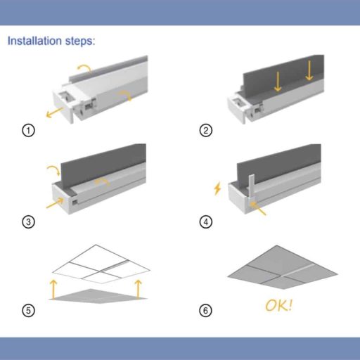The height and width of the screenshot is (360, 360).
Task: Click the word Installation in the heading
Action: [x=35, y=41]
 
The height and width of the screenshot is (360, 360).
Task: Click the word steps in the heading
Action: [x=80, y=41]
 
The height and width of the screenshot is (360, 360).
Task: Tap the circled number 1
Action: [x=28, y=130]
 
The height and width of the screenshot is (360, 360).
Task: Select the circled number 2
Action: [x=206, y=130]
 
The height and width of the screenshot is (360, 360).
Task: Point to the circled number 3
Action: [x=28, y=221]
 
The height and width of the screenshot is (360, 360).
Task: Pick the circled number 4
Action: [x=206, y=221]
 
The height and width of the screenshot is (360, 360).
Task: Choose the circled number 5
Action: [x=28, y=311]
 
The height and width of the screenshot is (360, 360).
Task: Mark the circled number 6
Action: [x=205, y=311]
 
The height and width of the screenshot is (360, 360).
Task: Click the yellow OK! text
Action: [x=279, y=305]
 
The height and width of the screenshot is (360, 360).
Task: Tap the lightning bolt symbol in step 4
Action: [x=217, y=188]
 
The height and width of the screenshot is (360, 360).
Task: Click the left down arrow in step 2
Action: [x=278, y=82]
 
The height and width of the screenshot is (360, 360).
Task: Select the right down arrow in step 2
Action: [x=309, y=70]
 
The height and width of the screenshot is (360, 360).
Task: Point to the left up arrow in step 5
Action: [x=53, y=289]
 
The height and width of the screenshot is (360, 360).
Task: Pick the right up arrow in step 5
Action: [x=139, y=289]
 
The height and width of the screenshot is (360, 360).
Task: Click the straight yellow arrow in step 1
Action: [x=55, y=112]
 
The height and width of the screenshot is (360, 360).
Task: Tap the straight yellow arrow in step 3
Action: [x=55, y=202]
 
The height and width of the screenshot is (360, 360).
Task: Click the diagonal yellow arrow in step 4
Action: [x=258, y=208]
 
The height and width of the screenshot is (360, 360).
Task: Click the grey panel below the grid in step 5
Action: [x=98, y=296]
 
